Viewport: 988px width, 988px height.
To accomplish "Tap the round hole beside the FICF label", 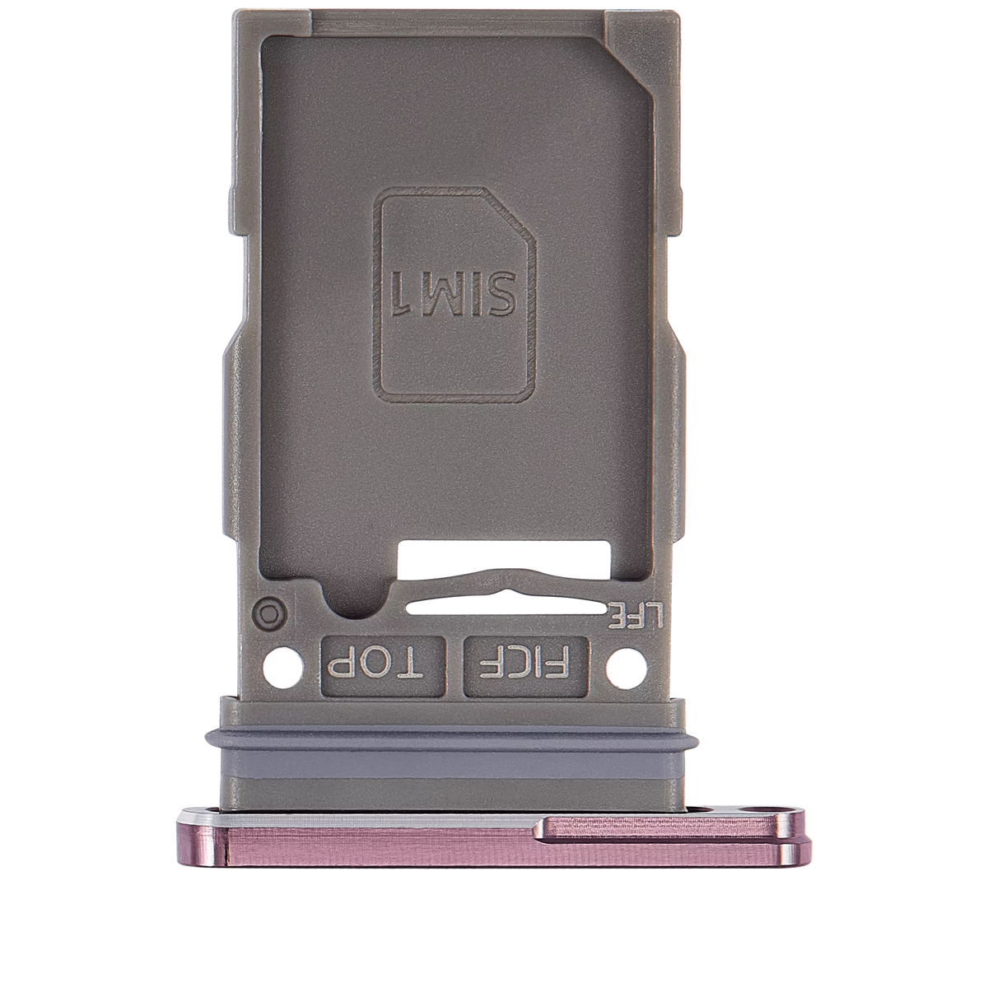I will click(x=623, y=662).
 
